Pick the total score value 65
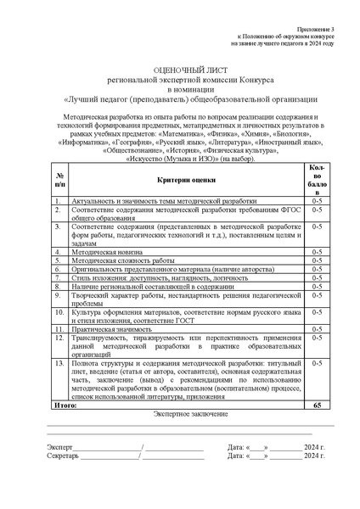(317, 406)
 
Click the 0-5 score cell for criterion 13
(317, 363)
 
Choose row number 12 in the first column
(59, 338)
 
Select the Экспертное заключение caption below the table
(179, 415)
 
